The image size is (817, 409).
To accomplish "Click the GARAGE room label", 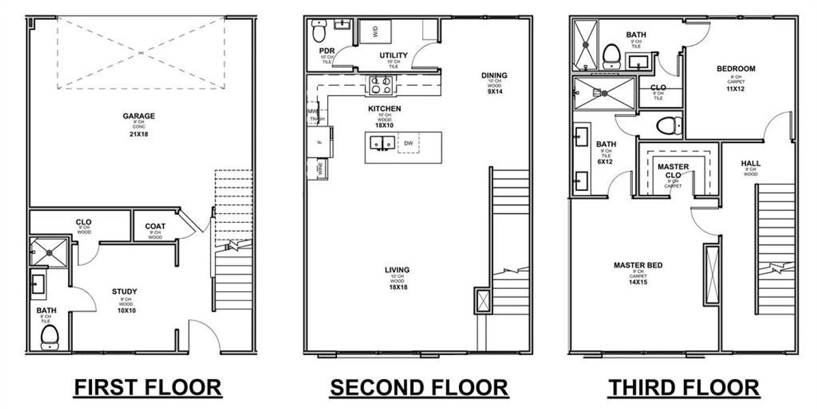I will (138, 116).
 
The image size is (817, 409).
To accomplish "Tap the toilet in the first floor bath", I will (49, 336).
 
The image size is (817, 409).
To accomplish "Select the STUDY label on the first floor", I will (124, 292).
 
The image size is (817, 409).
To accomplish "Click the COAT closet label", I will (155, 226).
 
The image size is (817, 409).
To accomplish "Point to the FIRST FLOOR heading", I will (148, 387).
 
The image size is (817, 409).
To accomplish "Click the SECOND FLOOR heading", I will (419, 387).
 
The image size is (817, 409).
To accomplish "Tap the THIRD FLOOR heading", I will (683, 387).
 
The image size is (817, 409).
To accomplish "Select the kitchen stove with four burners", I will (380, 85).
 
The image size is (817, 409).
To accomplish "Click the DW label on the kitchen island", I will (409, 143).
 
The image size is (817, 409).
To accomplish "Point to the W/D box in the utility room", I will (375, 31).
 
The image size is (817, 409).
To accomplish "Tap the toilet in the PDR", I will (319, 31).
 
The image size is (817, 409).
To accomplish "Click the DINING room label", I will (494, 76).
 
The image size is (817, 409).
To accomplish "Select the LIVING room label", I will (397, 270).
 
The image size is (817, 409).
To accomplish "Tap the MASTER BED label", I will (638, 265).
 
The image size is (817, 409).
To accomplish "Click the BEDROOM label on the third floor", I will (736, 69).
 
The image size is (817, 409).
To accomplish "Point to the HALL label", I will (750, 164).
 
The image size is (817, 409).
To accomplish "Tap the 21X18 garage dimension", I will (138, 135).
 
